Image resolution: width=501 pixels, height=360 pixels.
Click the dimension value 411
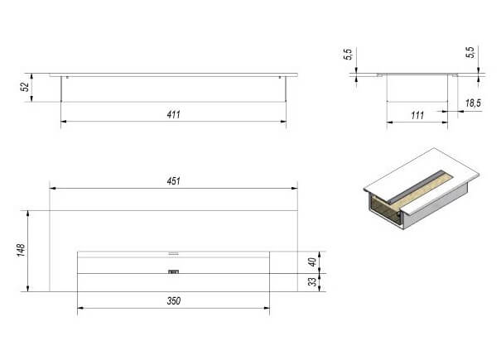click(x=174, y=114)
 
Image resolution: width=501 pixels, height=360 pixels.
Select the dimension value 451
click(x=174, y=181)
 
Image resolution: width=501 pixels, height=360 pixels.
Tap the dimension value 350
click(x=174, y=301)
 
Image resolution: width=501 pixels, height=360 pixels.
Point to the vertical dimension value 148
click(x=21, y=250)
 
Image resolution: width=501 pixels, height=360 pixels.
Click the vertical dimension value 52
click(x=25, y=87)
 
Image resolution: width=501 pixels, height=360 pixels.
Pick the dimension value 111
click(x=417, y=115)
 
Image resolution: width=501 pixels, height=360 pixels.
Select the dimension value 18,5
click(x=473, y=103)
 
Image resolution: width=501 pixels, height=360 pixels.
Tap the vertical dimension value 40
click(x=312, y=262)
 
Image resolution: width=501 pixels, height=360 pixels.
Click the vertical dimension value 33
click(x=313, y=281)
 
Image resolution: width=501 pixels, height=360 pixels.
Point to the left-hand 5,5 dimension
click(x=348, y=54)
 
